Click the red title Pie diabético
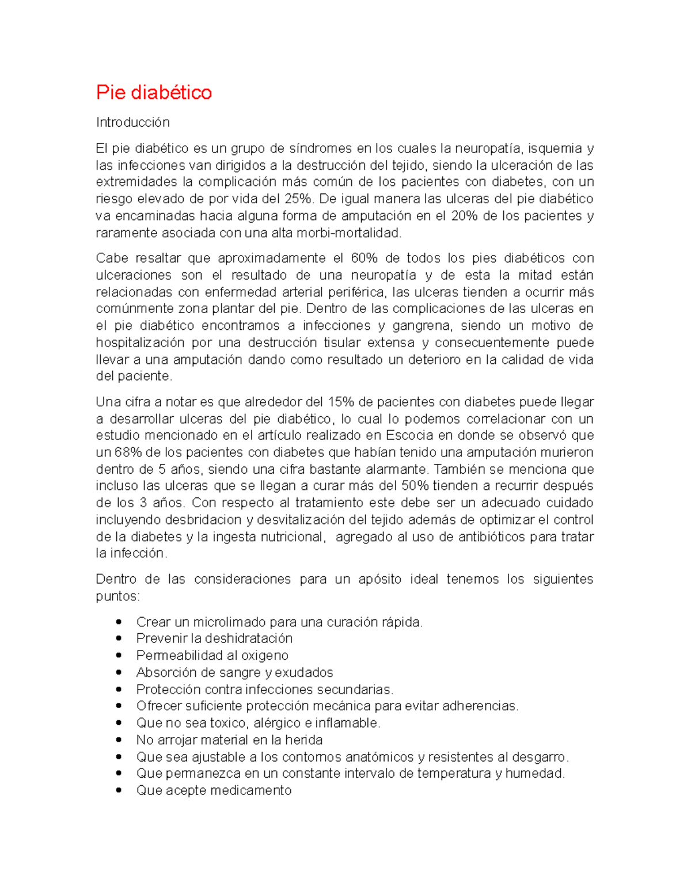(154, 92)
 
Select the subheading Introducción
(132, 122)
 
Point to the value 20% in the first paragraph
(464, 216)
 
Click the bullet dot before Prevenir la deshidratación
(119, 638)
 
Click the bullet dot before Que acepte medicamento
(119, 790)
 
